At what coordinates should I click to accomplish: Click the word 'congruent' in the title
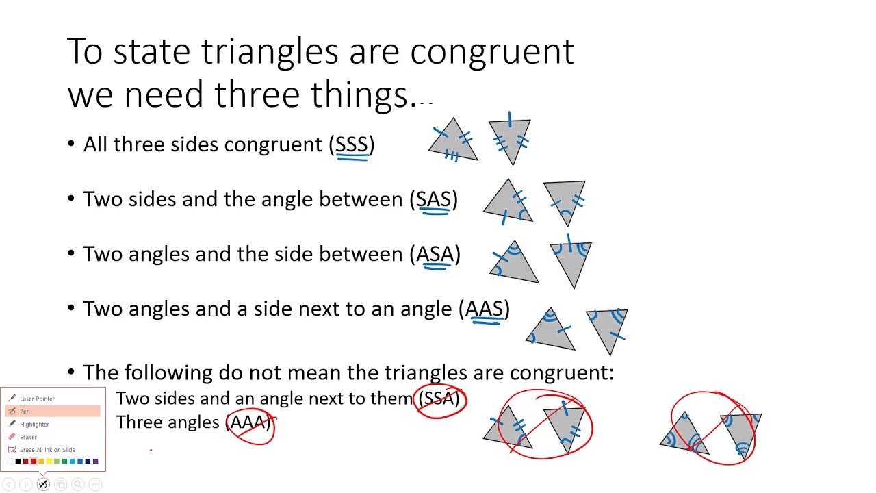click(x=492, y=53)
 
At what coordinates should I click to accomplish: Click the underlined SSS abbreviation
click(x=352, y=144)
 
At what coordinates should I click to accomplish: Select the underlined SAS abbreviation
click(x=433, y=199)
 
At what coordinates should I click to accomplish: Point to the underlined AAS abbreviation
click(x=484, y=309)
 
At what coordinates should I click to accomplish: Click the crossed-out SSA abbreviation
click(x=439, y=399)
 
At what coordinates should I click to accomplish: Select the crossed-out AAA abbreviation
click(x=248, y=422)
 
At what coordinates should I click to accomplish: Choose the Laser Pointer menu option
click(x=37, y=399)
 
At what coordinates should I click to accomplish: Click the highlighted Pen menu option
click(x=25, y=412)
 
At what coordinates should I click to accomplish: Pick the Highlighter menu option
click(x=34, y=424)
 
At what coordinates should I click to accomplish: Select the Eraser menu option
click(x=28, y=437)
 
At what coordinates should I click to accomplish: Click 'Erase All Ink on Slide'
click(x=47, y=450)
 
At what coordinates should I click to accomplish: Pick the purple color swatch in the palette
click(x=95, y=462)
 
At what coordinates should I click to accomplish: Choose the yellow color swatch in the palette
click(x=49, y=462)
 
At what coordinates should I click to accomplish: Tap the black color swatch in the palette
click(x=18, y=462)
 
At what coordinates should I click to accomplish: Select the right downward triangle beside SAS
click(x=565, y=199)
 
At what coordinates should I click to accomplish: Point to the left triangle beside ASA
click(x=514, y=265)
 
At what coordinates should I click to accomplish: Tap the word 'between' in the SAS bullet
click(x=361, y=199)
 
